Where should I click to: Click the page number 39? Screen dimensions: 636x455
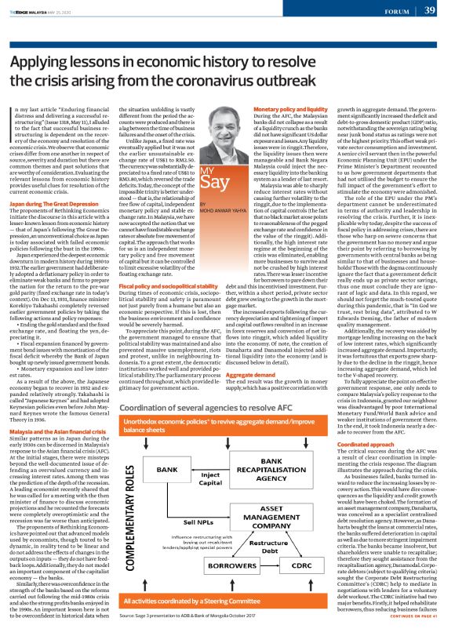click(428, 11)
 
